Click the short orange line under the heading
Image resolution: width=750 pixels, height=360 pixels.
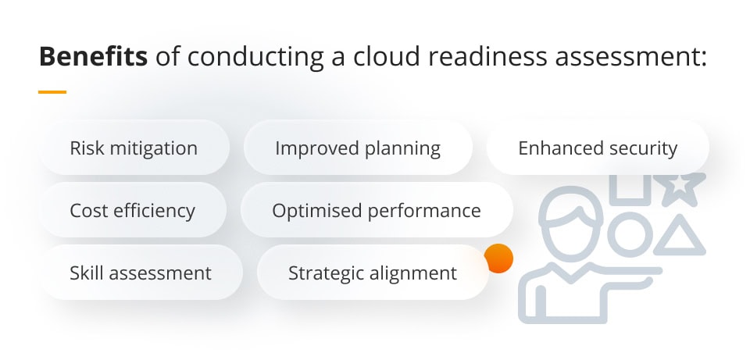coord(52,92)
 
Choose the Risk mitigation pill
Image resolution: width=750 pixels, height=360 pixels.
coord(134,148)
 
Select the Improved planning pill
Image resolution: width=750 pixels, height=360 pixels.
coord(358,148)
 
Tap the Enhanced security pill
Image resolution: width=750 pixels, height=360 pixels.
coord(598,148)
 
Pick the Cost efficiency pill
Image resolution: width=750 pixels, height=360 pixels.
coord(133,211)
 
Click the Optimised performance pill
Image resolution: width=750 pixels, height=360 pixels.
coord(377,211)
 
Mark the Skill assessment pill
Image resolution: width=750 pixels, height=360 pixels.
coord(141,273)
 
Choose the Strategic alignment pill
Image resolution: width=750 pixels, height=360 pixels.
coord(373,273)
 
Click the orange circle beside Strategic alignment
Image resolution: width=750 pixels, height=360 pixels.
coord(498,258)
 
